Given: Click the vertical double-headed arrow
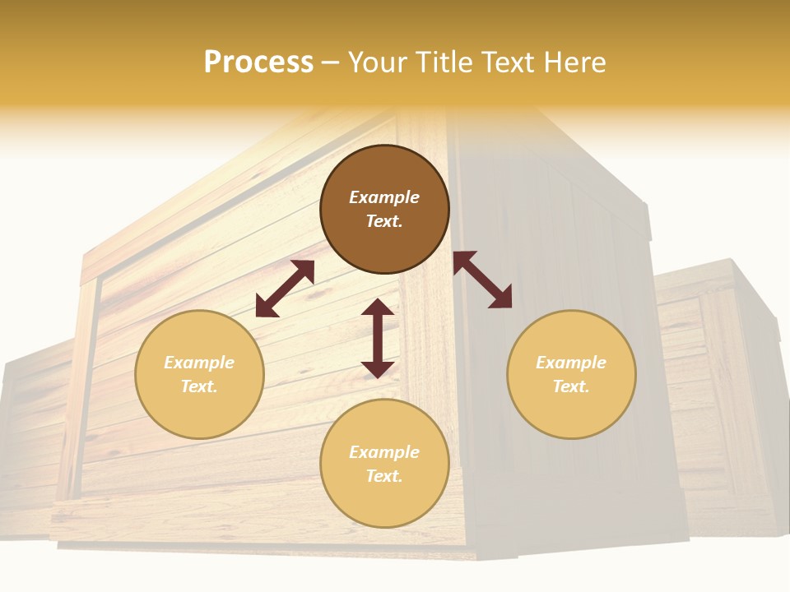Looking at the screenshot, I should (378, 338).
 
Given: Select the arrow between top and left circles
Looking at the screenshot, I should (285, 289).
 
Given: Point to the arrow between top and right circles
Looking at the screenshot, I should (482, 280).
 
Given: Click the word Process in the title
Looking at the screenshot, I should (258, 62).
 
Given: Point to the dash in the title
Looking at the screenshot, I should (331, 63).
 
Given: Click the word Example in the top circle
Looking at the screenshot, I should (384, 197).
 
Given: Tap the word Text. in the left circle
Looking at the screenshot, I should (199, 386).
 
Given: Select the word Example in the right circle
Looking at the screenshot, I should (571, 363).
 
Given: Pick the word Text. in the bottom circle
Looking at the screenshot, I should (384, 476).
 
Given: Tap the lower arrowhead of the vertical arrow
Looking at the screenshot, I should (378, 369).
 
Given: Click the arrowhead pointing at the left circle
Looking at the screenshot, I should (265, 308).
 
